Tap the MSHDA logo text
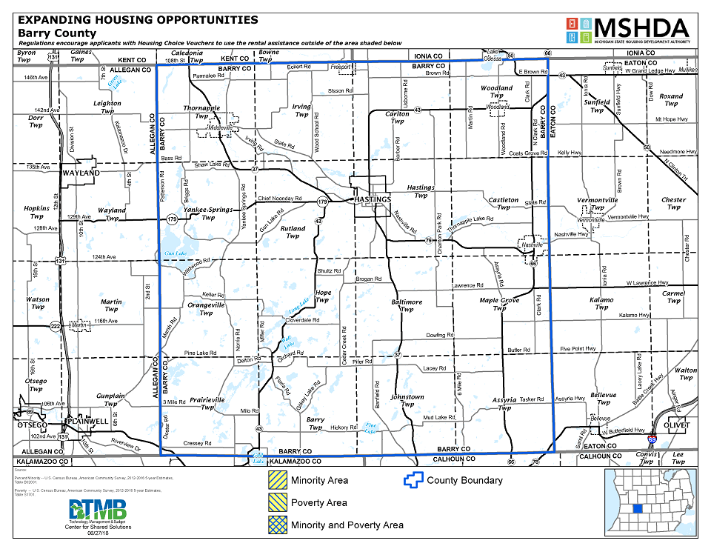[641, 28]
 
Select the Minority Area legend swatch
[277, 480]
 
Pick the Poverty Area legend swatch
[277, 503]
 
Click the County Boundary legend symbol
[411, 480]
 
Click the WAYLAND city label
[81, 173]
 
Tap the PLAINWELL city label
[87, 421]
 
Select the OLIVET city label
[677, 425]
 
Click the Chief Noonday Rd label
[280, 199]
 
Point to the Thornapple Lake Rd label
[471, 219]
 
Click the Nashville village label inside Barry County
[533, 244]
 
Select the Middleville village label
[221, 128]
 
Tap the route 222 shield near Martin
[55, 325]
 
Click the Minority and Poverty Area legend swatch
[277, 525]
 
